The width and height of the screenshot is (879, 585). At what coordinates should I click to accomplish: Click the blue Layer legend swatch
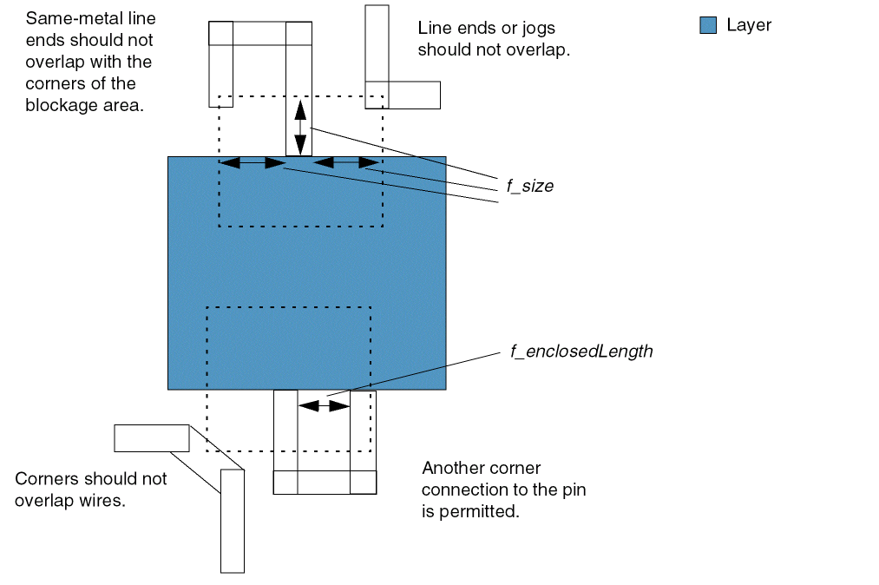coord(708,26)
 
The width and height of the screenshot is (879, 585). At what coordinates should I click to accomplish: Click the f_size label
coord(529,187)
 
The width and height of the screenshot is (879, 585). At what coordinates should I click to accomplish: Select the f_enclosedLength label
coord(581,352)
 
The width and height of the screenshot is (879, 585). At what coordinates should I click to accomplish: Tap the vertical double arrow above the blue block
coord(299,128)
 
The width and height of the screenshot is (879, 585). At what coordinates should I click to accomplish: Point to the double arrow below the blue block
coord(323,404)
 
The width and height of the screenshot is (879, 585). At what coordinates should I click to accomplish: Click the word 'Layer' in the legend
coord(749,25)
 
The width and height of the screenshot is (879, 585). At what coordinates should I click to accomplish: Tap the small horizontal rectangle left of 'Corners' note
coord(151,438)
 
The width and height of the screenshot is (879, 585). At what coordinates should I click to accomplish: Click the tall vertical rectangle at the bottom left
coord(232,521)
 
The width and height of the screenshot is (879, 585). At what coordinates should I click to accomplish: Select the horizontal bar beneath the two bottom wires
coord(325,483)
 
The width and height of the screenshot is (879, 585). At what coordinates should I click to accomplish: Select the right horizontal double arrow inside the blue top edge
coord(344,162)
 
